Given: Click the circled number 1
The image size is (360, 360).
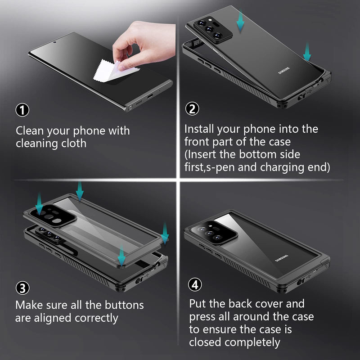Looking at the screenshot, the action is tap(22, 110).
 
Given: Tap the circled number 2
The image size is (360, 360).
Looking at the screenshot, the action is tap(192, 108).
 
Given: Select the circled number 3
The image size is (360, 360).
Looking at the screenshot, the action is tap(22, 288).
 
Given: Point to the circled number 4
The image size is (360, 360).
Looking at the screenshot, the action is tap(195, 284).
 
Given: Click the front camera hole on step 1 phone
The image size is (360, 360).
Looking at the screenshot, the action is tap(54, 42).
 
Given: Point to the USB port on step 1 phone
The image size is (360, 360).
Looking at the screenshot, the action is tap(150, 96).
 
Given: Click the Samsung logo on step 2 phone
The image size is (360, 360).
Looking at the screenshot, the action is tap(284, 71).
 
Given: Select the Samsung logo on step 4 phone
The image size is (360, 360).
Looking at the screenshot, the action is tap(282, 258).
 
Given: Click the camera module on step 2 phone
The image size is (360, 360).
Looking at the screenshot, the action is tap(213, 30).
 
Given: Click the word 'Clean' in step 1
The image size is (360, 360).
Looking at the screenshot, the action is tap(30, 130).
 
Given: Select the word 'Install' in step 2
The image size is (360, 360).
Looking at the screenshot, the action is tap(199, 129).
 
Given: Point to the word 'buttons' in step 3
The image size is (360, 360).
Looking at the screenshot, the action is tap(124, 305).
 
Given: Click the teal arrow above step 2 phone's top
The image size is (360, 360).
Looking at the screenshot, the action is tap(240, 21).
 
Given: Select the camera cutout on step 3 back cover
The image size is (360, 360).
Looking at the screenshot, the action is tap(53, 216).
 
